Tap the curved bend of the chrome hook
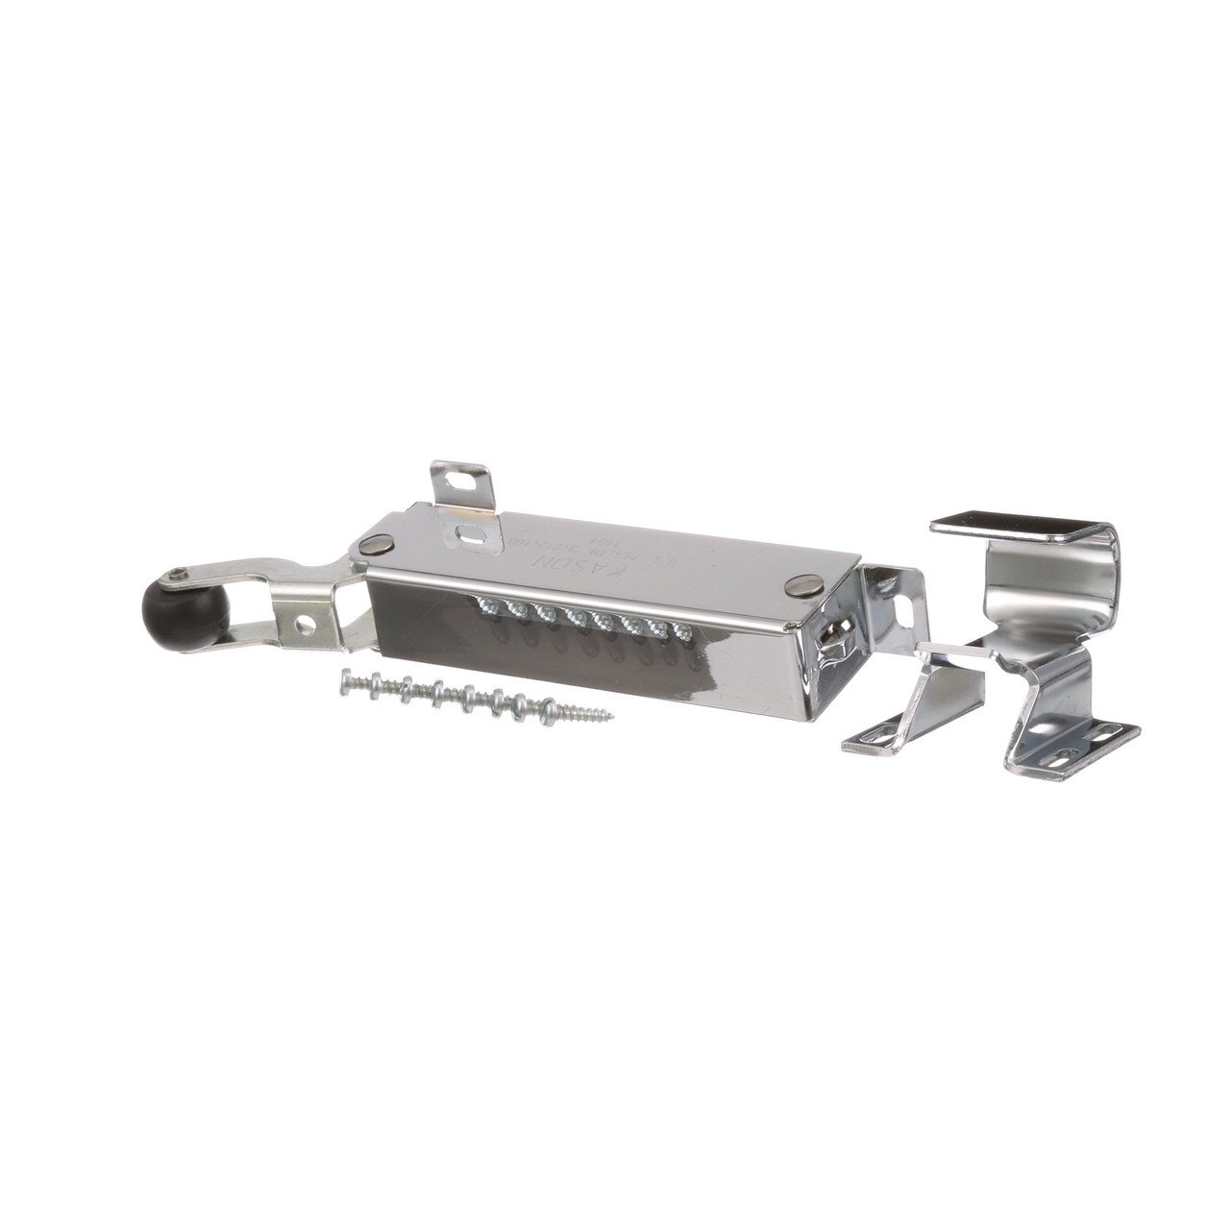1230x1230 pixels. pyautogui.click(x=1115, y=577)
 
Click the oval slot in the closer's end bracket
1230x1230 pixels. pyautogui.click(x=902, y=606)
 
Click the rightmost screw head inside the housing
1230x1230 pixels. pyautogui.click(x=683, y=631)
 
